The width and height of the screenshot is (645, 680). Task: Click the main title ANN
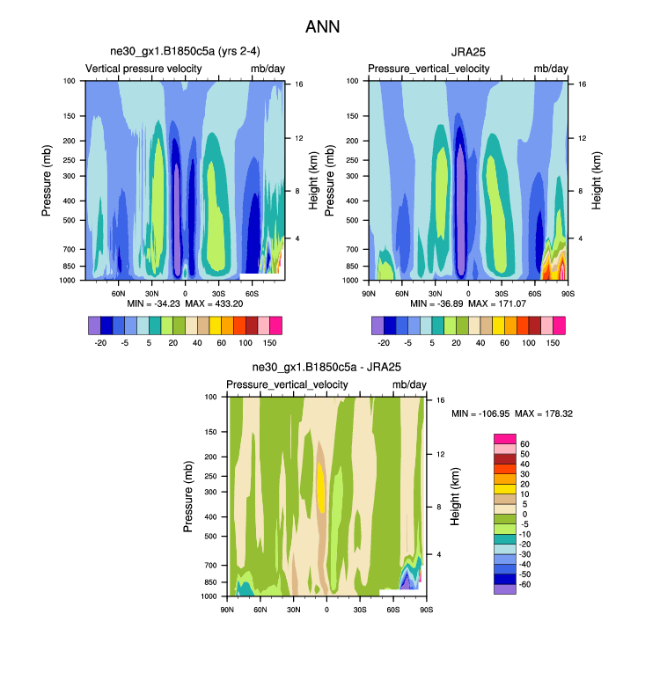322,27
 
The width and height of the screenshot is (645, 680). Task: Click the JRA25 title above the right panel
468,52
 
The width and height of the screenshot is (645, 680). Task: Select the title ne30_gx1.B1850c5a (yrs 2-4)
185,52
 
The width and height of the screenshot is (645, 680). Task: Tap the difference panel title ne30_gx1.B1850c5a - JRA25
326,369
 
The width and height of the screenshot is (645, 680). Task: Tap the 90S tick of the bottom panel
426,609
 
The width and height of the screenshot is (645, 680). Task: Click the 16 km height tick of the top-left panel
299,84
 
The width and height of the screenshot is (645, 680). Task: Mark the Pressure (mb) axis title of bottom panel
188,496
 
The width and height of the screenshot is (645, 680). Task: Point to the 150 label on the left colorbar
270,343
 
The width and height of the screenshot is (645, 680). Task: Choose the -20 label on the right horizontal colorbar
385,343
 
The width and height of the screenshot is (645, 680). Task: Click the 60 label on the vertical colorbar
524,443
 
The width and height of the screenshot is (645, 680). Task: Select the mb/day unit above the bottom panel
409,385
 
